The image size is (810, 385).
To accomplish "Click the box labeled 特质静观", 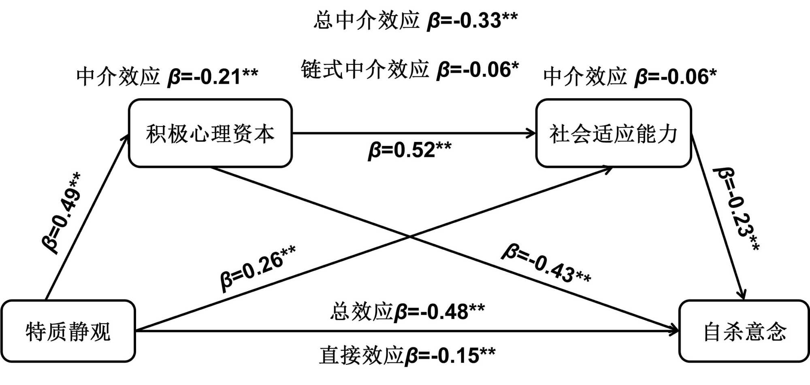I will click(68, 331).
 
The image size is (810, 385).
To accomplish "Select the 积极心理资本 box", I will click(210, 133).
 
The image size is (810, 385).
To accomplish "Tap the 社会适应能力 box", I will click(613, 133).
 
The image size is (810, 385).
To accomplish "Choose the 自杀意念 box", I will click(744, 331).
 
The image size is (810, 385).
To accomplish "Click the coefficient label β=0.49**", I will click(62, 213).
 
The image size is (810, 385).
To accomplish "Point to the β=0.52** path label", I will click(409, 150).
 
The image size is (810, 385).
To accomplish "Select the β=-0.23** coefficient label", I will click(736, 209).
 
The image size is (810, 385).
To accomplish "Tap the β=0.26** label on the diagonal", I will click(258, 267).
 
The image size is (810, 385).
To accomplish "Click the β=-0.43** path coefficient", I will click(546, 264).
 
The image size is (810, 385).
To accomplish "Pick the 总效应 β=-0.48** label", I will click(407, 312).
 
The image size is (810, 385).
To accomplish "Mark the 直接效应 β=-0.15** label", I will click(407, 355).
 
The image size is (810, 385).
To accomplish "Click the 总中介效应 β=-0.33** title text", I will click(416, 20).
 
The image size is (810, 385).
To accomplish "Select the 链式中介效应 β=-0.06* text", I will click(409, 70).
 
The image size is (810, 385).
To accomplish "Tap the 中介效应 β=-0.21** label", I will click(167, 76).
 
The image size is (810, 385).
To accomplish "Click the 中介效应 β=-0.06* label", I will click(629, 76).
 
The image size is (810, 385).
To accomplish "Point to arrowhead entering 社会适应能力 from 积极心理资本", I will click(533, 133).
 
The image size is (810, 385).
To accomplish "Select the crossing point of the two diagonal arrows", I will click(409, 237).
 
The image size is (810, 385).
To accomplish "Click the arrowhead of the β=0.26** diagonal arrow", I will click(609, 169).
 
